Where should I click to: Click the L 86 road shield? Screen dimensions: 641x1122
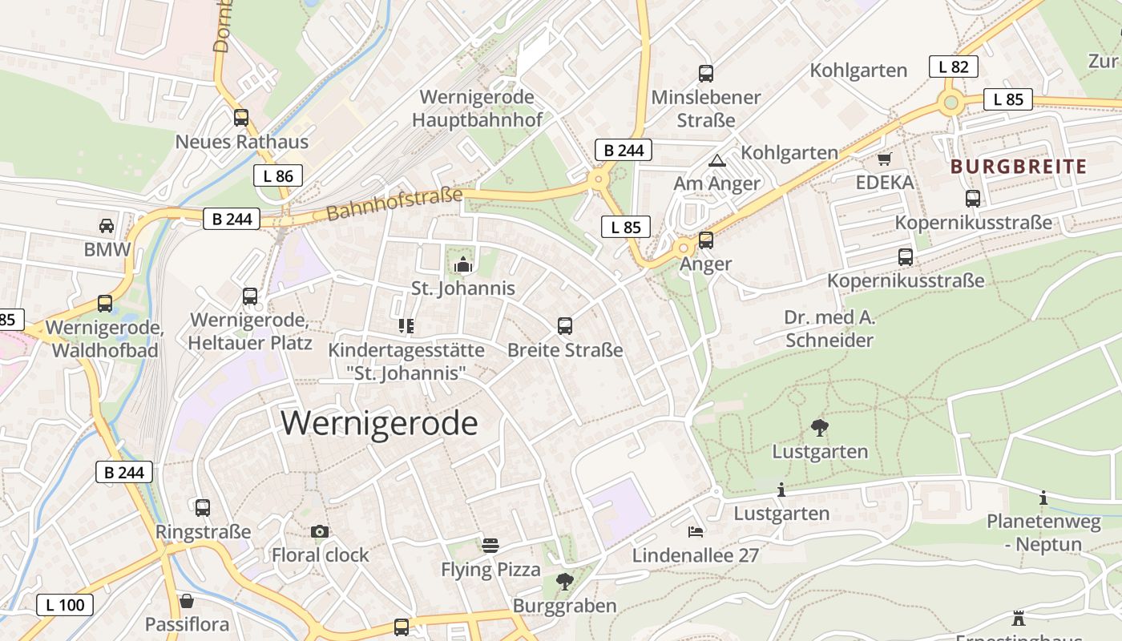click(278, 175)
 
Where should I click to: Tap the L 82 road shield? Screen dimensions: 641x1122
click(953, 67)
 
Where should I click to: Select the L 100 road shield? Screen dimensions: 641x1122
click(65, 604)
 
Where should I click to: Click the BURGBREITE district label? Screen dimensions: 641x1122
click(1018, 167)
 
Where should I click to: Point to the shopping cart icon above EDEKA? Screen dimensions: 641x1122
click(884, 159)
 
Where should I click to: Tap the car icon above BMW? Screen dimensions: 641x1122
click(107, 225)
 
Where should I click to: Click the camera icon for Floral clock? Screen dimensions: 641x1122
click(319, 531)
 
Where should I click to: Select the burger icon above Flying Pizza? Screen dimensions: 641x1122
click(490, 546)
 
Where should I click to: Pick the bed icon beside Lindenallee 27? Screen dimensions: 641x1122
click(695, 531)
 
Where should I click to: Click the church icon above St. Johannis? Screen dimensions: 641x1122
click(463, 264)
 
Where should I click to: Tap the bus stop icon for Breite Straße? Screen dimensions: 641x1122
click(565, 326)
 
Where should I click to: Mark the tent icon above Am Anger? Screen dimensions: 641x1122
click(716, 160)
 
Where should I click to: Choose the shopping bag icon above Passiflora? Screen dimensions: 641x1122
click(187, 600)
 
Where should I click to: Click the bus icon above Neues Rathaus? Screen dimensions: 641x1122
click(241, 118)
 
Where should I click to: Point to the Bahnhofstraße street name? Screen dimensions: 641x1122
click(394, 204)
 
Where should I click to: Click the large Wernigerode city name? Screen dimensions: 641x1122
click(379, 422)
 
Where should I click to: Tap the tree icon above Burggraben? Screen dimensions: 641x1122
click(565, 582)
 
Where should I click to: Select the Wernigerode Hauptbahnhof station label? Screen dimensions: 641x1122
click(477, 108)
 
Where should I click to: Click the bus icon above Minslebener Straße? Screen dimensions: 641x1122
click(705, 74)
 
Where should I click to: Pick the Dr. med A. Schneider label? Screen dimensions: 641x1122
click(829, 329)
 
